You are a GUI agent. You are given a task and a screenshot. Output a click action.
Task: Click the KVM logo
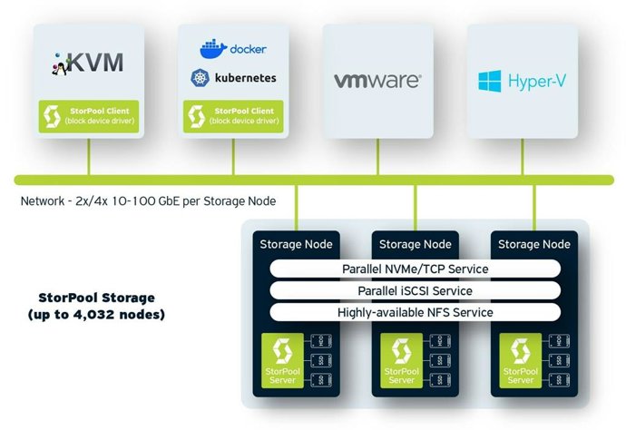coord(88,63)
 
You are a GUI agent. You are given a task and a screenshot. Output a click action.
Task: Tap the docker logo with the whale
coord(233,48)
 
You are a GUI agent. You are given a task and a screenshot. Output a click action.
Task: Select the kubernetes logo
coord(233,78)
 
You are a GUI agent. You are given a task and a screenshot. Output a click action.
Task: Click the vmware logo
coord(377,81)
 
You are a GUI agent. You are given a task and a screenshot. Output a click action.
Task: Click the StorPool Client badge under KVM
coord(88,116)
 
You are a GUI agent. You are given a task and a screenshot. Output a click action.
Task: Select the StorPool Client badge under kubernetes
coord(233,116)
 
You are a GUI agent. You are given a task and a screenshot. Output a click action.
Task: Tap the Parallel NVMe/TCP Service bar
coord(415,269)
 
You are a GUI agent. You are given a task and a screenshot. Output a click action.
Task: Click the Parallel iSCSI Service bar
coord(415,290)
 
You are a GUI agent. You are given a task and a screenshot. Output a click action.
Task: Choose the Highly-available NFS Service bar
coord(415,312)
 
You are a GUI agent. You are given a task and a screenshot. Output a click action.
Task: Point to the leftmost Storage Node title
coord(296,244)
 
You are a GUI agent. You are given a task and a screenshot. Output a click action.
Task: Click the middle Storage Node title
coord(415,244)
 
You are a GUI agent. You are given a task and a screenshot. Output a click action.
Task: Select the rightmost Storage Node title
coord(534,244)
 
